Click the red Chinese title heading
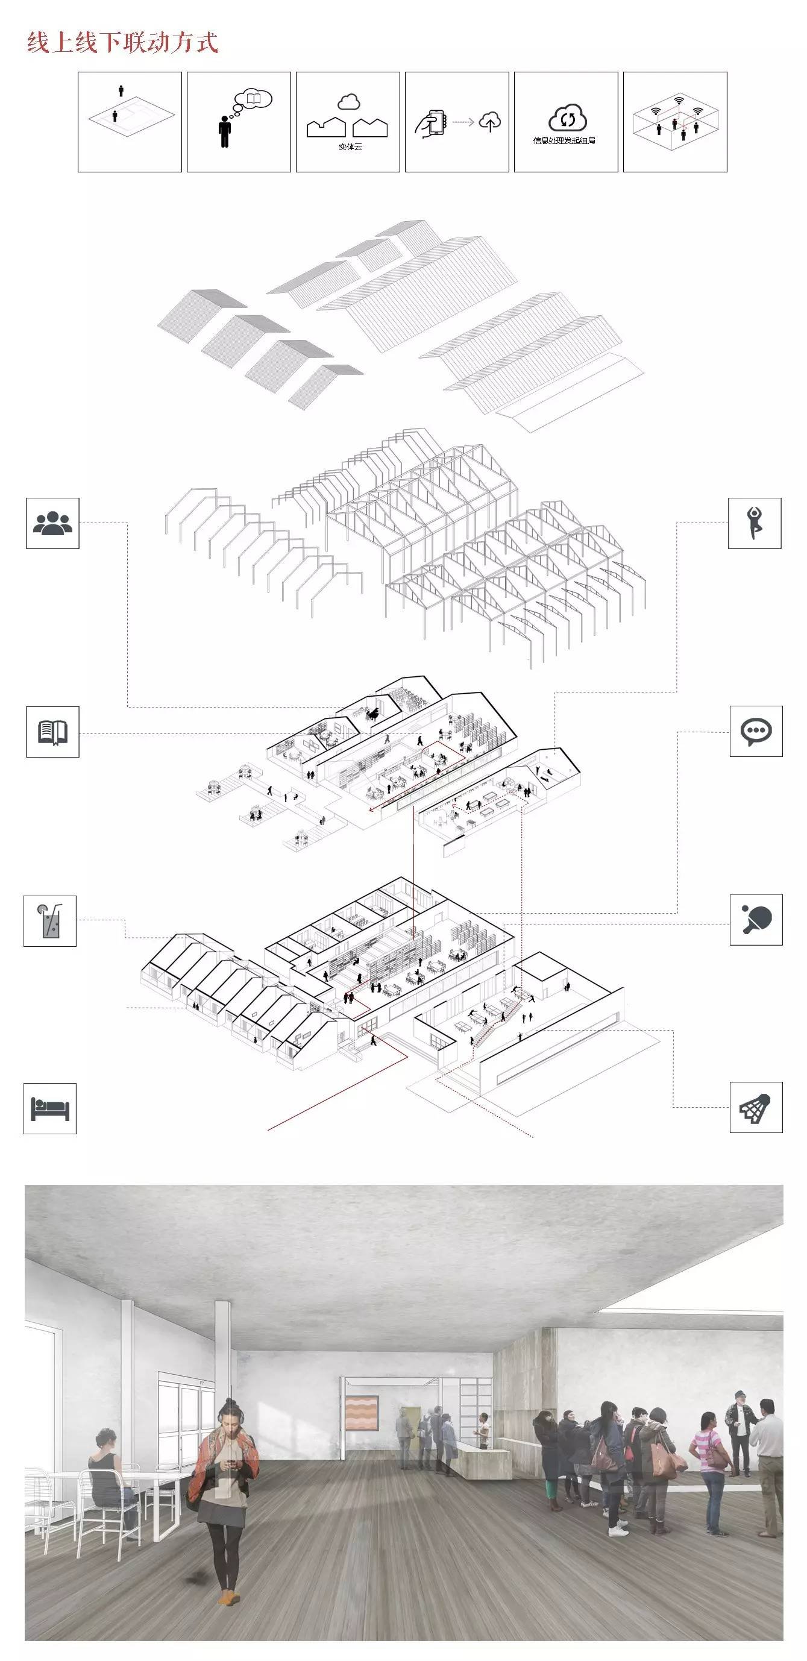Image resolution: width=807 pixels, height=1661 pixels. [122, 43]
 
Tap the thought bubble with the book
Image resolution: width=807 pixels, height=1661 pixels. [253, 99]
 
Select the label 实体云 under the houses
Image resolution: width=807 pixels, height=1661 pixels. [350, 147]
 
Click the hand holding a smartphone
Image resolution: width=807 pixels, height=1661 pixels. [430, 123]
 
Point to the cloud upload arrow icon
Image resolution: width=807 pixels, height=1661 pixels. [490, 121]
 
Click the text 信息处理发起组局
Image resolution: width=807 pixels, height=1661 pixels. [564, 140]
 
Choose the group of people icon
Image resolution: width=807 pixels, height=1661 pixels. [53, 523]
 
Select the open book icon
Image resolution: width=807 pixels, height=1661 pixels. [53, 732]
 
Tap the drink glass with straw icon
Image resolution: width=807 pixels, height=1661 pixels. [50, 922]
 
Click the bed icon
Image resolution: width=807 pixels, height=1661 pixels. [50, 1108]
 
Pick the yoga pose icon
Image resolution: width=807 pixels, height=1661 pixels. [754, 523]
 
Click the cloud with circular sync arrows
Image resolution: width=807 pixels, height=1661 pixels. [567, 118]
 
